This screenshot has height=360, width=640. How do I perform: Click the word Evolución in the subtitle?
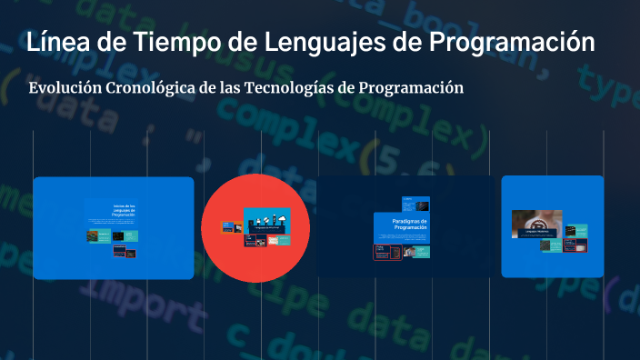coord(65,88)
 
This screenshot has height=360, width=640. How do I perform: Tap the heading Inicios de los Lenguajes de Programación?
coord(123,211)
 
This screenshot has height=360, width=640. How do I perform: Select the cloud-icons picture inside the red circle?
coord(269,221)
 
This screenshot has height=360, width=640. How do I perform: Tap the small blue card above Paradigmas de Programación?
coord(415,204)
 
